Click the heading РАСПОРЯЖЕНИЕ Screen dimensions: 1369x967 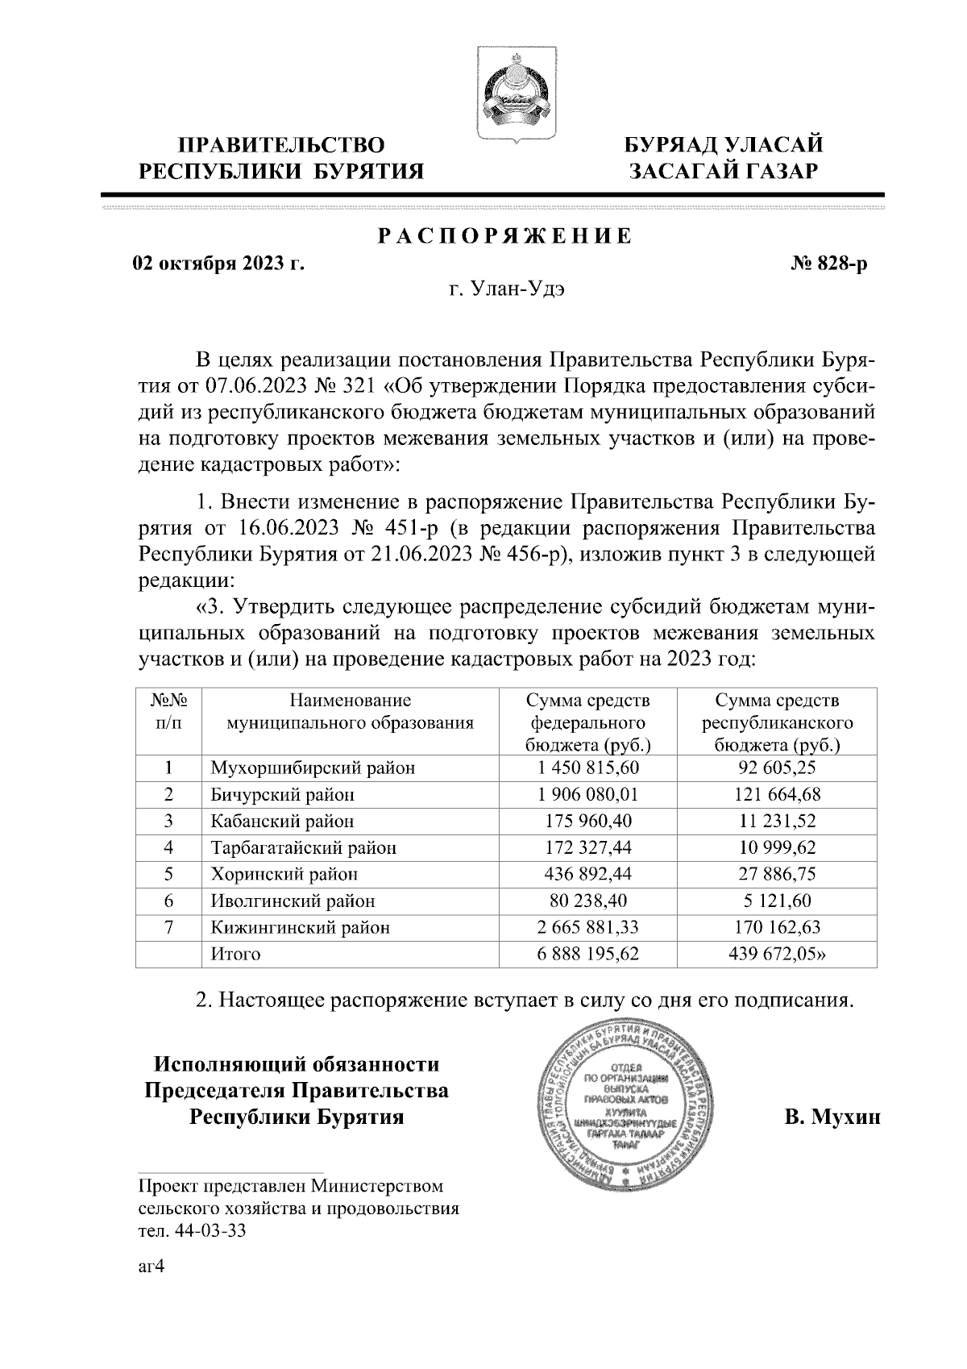[x=505, y=237]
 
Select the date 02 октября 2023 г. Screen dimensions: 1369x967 [x=218, y=264]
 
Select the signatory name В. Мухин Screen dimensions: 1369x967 [x=832, y=1118]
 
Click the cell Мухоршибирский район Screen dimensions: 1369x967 [x=313, y=768]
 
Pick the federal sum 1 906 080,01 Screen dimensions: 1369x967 [x=587, y=794]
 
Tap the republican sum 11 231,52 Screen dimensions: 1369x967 [x=777, y=821]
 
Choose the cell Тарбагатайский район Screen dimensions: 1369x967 [x=303, y=847]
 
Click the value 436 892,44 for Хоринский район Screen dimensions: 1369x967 [x=587, y=874]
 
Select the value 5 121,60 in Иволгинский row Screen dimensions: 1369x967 [x=777, y=901]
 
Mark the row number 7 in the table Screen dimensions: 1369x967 [x=168, y=927]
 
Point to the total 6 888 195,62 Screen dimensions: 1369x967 [x=587, y=954]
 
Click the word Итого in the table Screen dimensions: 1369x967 [x=235, y=954]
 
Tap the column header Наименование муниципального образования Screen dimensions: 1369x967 [x=350, y=712]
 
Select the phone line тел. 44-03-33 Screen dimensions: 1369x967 [x=192, y=1231]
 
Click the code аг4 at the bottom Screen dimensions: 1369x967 [x=151, y=1267]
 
